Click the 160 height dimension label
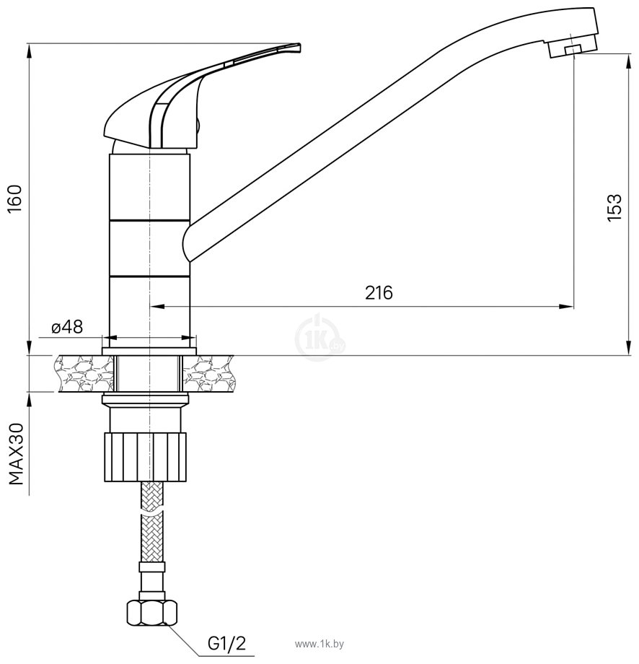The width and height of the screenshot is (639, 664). click(16, 199)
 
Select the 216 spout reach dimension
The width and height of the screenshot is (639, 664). click(379, 292)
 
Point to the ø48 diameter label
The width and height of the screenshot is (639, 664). click(67, 326)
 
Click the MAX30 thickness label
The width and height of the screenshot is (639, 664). click(16, 453)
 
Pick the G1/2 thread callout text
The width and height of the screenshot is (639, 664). click(226, 644)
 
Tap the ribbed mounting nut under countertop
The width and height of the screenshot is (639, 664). click(146, 456)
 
